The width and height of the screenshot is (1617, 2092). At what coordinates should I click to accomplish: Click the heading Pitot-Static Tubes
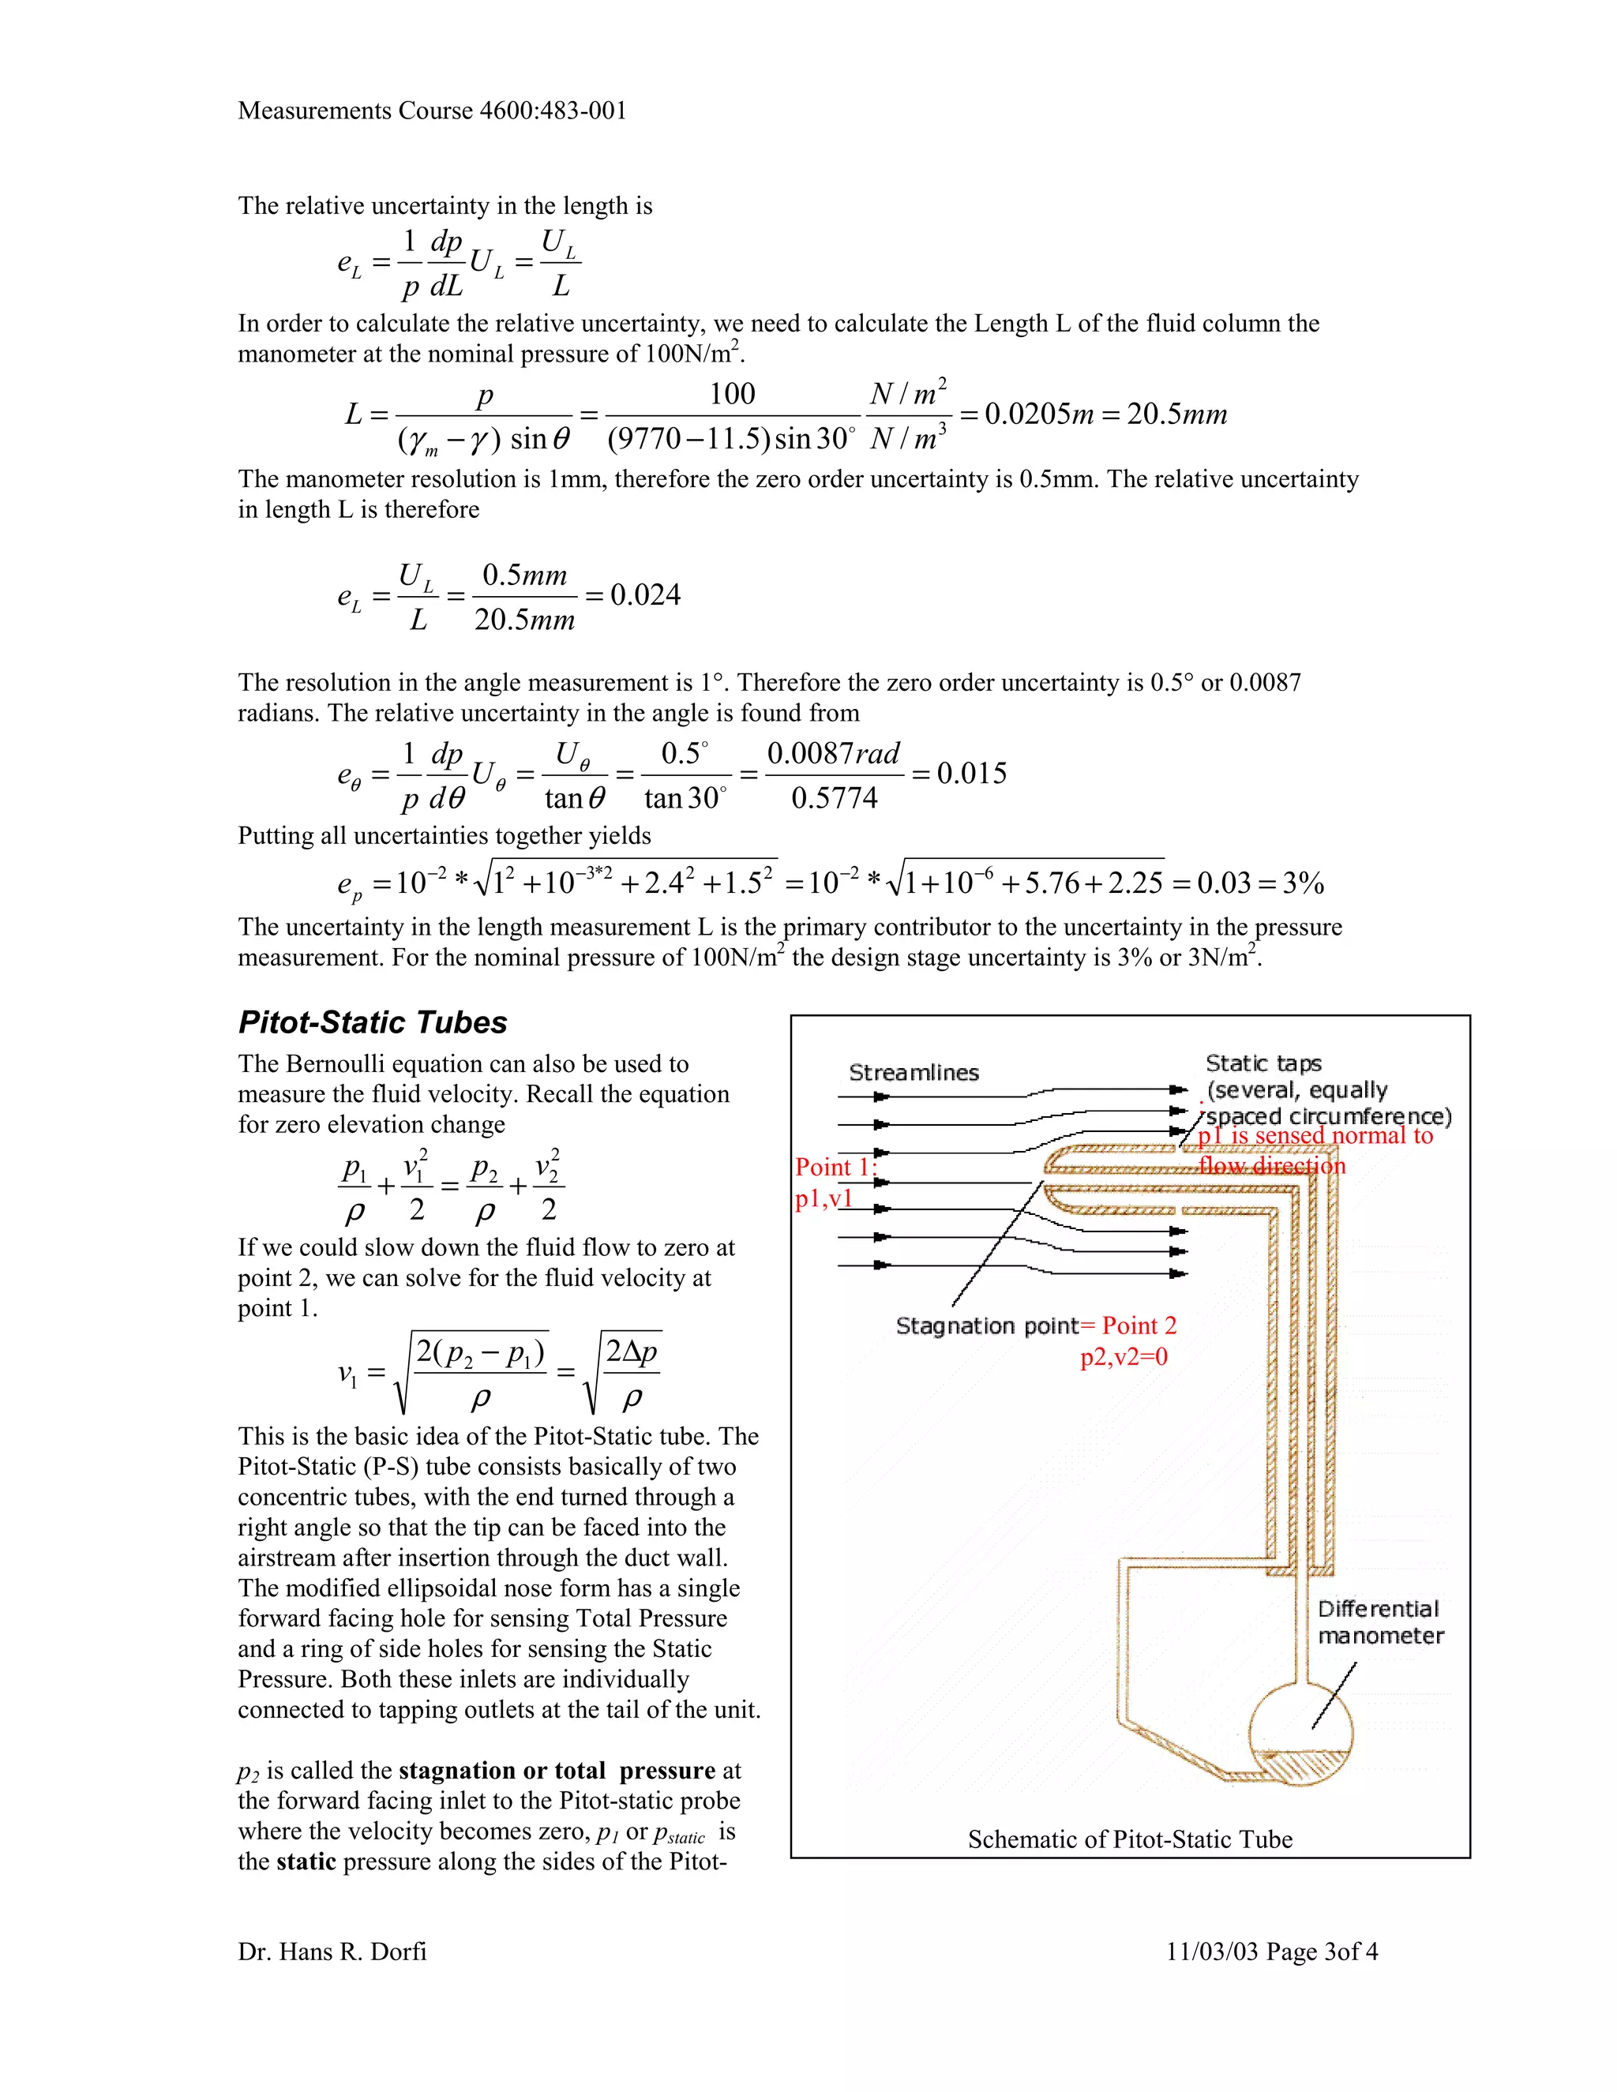click(x=373, y=1022)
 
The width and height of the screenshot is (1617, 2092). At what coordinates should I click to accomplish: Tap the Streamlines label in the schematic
click(x=914, y=1073)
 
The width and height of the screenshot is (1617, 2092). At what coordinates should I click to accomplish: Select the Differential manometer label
click(x=1379, y=1621)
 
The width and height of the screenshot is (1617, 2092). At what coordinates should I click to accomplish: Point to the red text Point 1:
click(x=835, y=1167)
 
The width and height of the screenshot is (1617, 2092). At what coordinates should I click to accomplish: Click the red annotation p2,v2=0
click(x=1124, y=1356)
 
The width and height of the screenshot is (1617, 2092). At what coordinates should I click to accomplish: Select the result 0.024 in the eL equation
click(x=646, y=595)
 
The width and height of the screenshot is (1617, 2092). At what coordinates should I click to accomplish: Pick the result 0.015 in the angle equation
click(x=971, y=774)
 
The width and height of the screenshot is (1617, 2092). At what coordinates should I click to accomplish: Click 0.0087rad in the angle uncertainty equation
click(x=834, y=753)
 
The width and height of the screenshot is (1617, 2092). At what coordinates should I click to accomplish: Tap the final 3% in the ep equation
click(x=1303, y=883)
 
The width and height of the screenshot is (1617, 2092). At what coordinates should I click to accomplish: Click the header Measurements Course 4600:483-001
click(x=432, y=111)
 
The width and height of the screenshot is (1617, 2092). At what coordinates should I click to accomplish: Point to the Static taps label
click(x=1262, y=1063)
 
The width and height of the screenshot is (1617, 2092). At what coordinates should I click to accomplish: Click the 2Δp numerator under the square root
click(x=632, y=1352)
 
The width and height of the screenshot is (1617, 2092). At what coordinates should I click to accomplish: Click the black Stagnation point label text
click(x=987, y=1325)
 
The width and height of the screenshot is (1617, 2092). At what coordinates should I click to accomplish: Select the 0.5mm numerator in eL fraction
click(x=524, y=575)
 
